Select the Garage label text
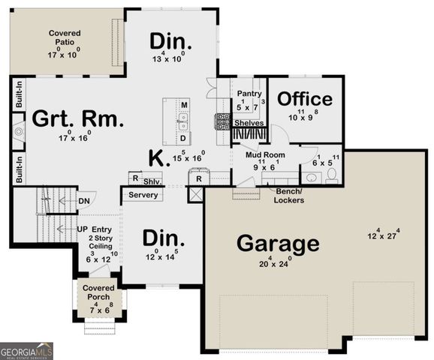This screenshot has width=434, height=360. (279, 244)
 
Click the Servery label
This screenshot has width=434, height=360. (143, 195)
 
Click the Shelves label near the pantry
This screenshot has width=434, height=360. (249, 122)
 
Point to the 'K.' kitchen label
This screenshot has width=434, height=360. (157, 157)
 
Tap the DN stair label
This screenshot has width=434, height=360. (85, 200)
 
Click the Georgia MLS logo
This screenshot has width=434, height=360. (26, 350)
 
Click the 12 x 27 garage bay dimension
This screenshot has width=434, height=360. (381, 235)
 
